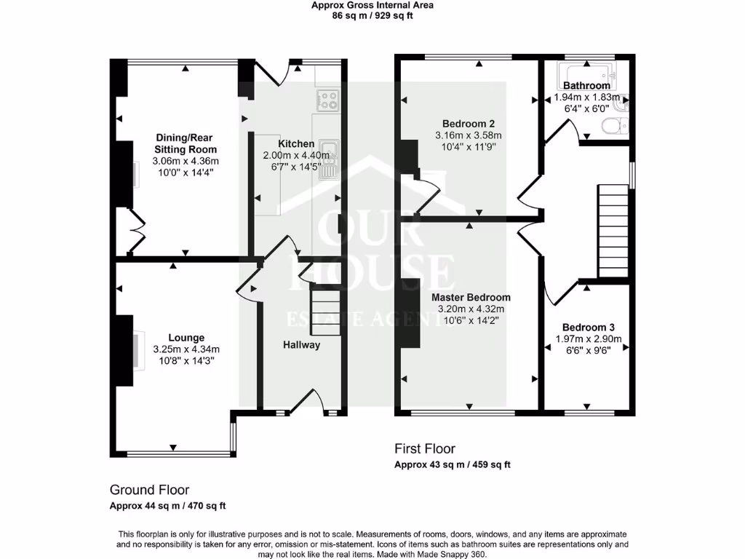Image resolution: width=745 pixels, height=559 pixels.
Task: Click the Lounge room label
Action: coord(186,338)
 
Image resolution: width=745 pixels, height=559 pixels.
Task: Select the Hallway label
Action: coord(301,345)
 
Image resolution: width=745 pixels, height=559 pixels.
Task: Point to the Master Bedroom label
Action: coord(471,298)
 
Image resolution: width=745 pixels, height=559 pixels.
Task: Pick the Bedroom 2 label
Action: coord(469,123)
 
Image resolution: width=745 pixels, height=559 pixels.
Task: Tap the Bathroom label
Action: coord(586,85)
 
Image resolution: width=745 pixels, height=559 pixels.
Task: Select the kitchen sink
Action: coord(329,154)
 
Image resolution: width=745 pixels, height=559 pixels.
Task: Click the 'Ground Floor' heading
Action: coord(149,490)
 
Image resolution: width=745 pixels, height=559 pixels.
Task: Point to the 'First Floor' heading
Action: coord(425,448)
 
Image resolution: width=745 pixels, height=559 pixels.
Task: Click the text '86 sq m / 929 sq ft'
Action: coord(372,15)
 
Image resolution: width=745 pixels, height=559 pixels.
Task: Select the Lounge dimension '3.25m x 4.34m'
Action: coord(186,349)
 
